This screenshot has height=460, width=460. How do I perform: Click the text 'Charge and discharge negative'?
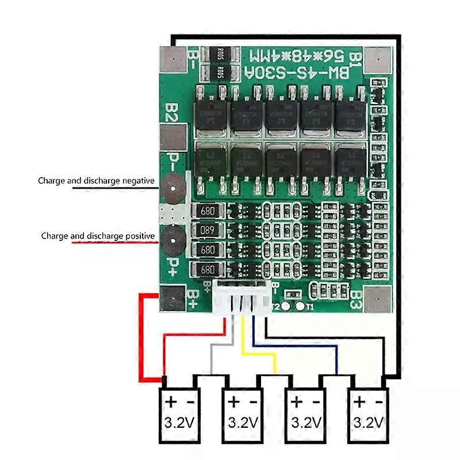96,181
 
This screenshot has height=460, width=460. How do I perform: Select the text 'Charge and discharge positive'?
98,236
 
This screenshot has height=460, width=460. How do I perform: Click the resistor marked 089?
208,231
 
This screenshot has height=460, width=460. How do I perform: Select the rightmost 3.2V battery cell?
369,414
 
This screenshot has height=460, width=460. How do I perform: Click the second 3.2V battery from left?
242,414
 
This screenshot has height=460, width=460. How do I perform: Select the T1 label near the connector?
310,307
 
